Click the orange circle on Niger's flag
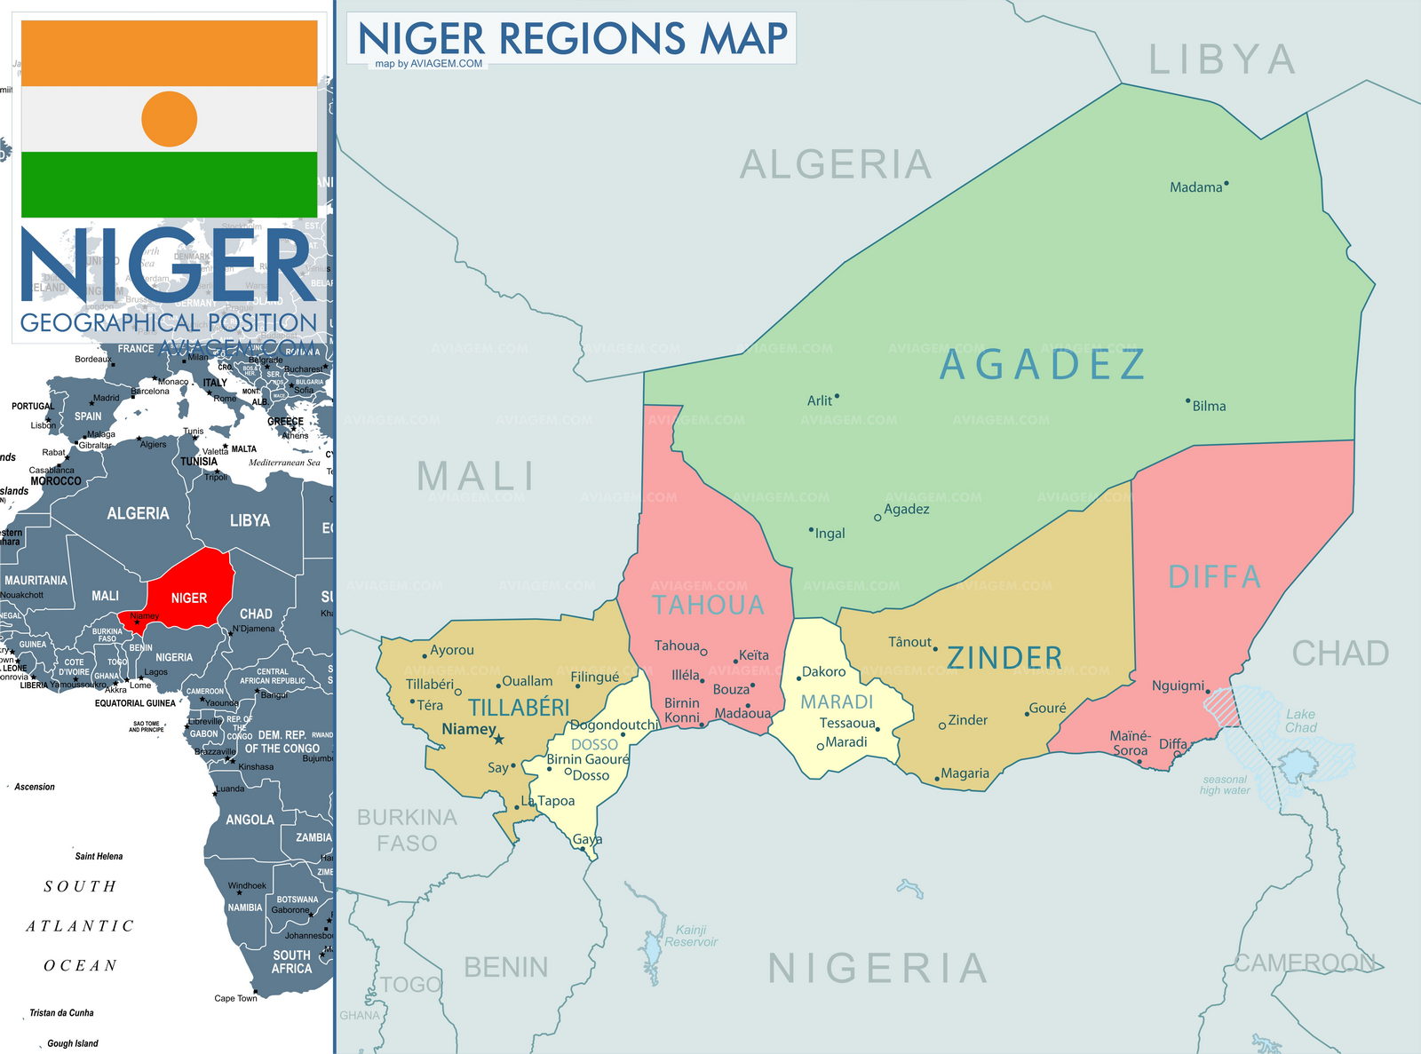tap(169, 119)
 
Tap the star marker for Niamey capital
tap(499, 739)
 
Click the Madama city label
tap(1195, 187)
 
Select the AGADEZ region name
tap(1043, 365)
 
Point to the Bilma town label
tap(1209, 406)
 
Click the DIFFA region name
tap(1214, 577)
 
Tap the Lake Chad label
tap(1300, 720)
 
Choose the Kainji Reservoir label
tap(691, 936)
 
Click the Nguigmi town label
tap(1178, 685)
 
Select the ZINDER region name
tap(1004, 658)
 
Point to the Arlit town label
tap(819, 400)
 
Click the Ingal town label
tap(830, 534)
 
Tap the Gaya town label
tap(587, 839)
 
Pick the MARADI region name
tap(837, 702)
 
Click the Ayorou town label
tap(451, 650)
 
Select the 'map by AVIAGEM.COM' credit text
tap(429, 64)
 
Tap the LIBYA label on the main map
tap(1222, 60)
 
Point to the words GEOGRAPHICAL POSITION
tap(169, 322)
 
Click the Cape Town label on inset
tap(235, 998)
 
